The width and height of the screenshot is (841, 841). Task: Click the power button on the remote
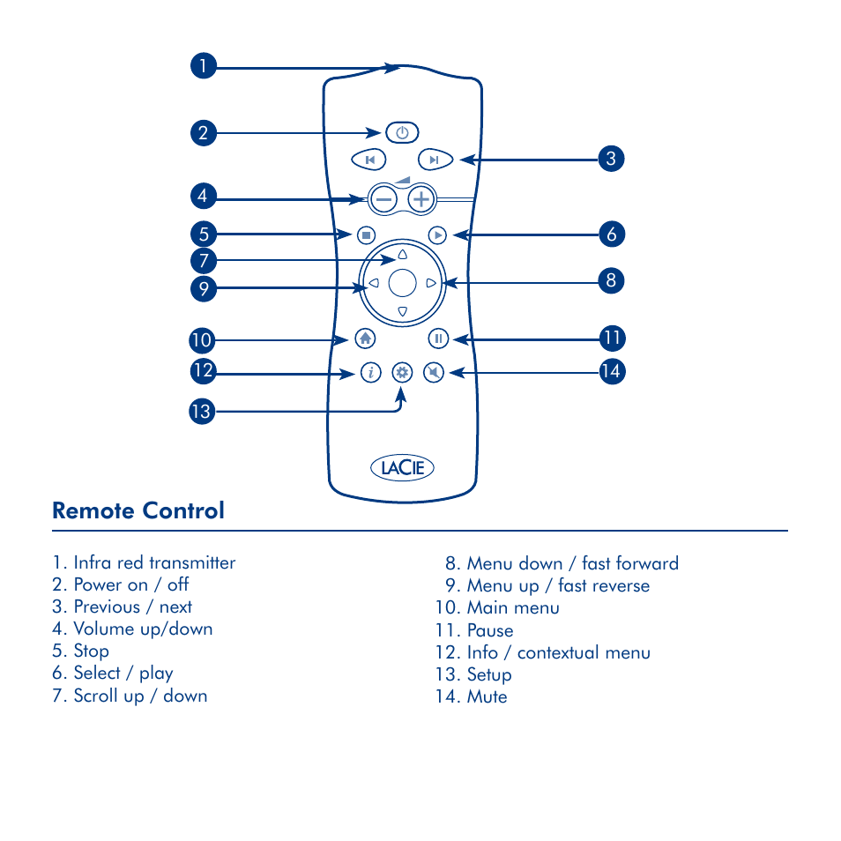click(402, 133)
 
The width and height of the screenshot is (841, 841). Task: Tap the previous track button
click(369, 160)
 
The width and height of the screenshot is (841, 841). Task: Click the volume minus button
click(383, 199)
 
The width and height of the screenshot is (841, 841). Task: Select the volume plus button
click(422, 199)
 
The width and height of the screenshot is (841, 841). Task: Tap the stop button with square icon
click(367, 234)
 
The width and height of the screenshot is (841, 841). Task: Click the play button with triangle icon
click(437, 234)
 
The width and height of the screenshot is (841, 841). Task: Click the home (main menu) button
click(366, 339)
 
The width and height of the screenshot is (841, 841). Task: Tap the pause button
click(438, 339)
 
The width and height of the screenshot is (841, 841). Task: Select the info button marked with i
click(370, 373)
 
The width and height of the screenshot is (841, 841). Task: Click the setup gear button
click(402, 373)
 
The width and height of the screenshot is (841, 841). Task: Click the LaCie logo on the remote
click(402, 467)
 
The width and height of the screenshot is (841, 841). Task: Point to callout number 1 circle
click(203, 66)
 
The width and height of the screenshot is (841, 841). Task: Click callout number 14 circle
click(610, 372)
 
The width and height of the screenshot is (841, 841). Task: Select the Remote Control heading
click(138, 510)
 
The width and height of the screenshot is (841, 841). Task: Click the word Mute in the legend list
click(487, 696)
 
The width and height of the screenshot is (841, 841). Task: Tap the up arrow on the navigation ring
click(402, 255)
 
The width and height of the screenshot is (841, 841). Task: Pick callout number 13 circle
click(203, 412)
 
